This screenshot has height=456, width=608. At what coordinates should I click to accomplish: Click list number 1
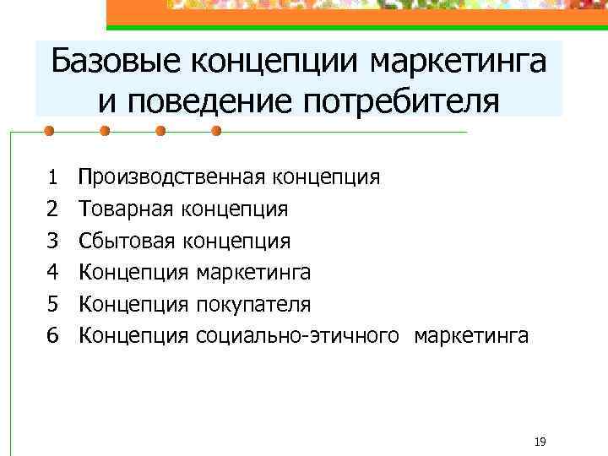(x=52, y=176)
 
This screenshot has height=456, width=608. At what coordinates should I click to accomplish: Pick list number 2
(x=52, y=209)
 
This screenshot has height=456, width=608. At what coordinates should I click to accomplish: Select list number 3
(x=52, y=241)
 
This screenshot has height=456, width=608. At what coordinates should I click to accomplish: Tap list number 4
(x=52, y=272)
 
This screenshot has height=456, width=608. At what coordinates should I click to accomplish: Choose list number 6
(x=52, y=335)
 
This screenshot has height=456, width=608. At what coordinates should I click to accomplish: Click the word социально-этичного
(x=296, y=335)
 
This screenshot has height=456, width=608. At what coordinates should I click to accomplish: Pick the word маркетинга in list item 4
(x=252, y=272)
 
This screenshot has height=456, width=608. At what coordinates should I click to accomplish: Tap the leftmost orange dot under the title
(x=49, y=132)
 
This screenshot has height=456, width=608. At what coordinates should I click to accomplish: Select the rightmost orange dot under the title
(x=215, y=132)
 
